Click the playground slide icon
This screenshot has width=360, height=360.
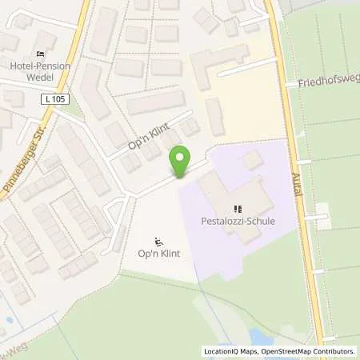pos(159,242)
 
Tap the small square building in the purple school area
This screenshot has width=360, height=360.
pos(251,159)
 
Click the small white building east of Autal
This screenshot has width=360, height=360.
pos(323,212)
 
